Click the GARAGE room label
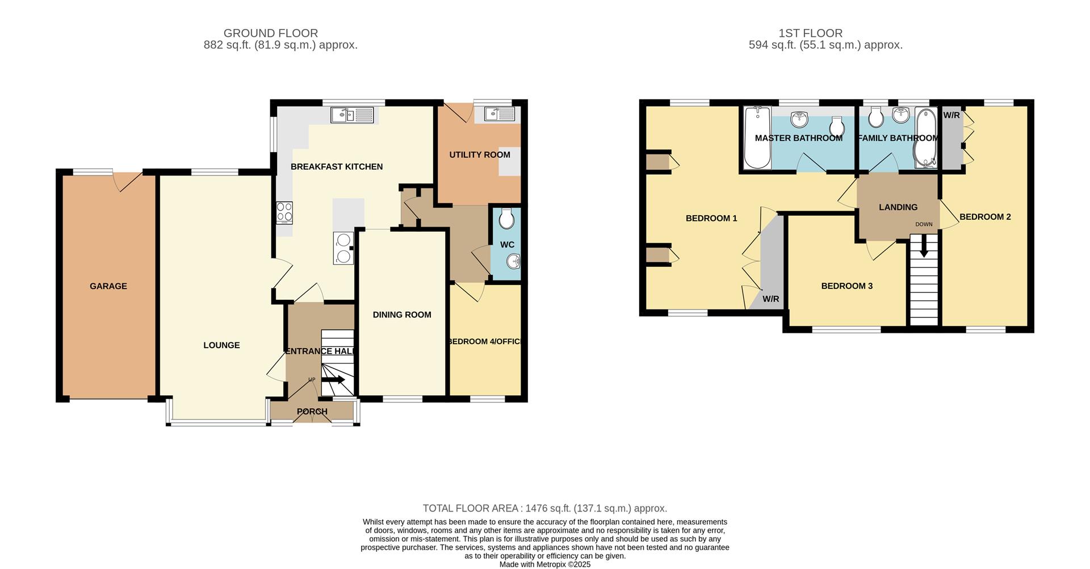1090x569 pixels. coord(108,286)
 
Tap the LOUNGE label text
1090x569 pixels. coord(221,345)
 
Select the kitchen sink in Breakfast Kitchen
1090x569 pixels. coord(352,115)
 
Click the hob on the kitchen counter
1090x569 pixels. coord(284,212)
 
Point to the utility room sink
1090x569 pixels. coord(499,114)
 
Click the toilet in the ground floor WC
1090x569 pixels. coord(506,219)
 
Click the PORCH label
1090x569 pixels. coord(312,412)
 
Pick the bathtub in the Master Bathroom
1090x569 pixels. coord(757,137)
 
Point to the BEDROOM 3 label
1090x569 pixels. coord(846,286)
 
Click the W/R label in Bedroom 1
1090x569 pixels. coord(770,299)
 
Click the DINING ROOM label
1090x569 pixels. coord(402,315)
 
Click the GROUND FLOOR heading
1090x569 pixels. coord(271,33)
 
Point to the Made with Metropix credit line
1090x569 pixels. coord(545,564)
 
